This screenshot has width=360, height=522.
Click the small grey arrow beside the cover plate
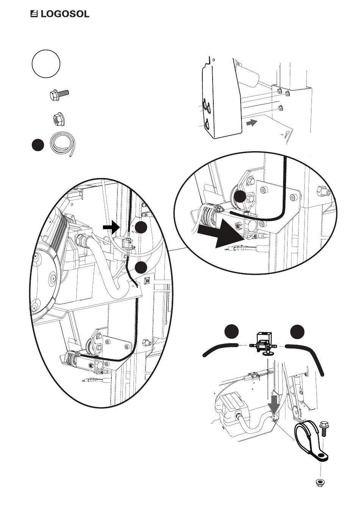251,123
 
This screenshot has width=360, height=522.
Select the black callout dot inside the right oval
240,197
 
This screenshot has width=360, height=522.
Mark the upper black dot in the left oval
141,227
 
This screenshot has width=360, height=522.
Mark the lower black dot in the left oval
141,267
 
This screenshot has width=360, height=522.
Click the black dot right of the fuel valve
298,331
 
